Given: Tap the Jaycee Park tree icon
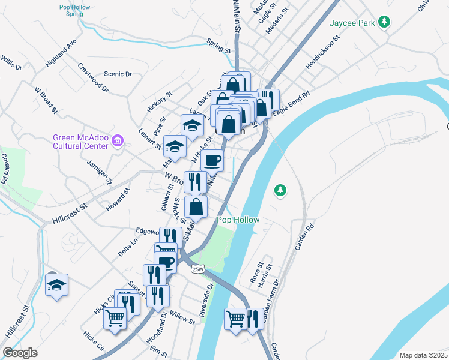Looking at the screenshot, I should pyautogui.click(x=382, y=23).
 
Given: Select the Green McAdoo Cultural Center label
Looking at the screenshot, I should pyautogui.click(x=80, y=142).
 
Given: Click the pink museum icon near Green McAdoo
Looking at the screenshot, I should pyautogui.click(x=118, y=142).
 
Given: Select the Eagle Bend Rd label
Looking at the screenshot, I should pyautogui.click(x=291, y=103).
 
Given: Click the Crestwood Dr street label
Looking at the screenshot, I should pyautogui.click(x=93, y=77).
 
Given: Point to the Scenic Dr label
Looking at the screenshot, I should pyautogui.click(x=118, y=74).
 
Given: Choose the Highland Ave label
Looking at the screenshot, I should pyautogui.click(x=62, y=53).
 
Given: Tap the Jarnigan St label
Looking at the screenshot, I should pyautogui.click(x=100, y=172).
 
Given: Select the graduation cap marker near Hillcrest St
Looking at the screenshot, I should pyautogui.click(x=56, y=284).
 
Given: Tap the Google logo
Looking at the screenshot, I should pyautogui.click(x=20, y=353).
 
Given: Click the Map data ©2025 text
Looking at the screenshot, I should pyautogui.click(x=423, y=355).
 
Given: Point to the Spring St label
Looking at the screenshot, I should pyautogui.click(x=218, y=46).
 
